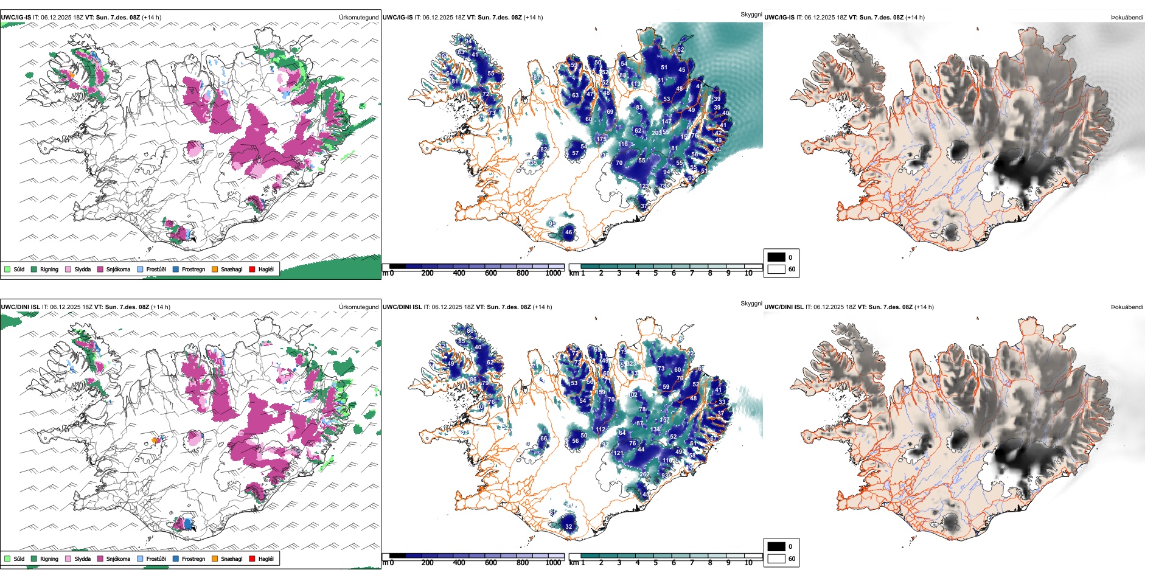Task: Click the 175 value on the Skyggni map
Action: click(601, 139)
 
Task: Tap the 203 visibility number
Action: click(656, 133)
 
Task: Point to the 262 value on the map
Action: click(645, 475)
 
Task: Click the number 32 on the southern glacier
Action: click(569, 527)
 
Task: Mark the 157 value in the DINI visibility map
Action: click(665, 420)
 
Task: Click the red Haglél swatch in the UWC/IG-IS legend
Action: click(252, 269)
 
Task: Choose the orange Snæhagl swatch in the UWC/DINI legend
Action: click(215, 559)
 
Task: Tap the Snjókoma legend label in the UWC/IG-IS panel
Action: click(118, 269)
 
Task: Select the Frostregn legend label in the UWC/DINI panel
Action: click(193, 559)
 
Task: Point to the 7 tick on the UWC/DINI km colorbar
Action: click(692, 563)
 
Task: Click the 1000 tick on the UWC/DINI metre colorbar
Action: click(553, 563)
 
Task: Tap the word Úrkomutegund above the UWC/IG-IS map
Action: click(358, 18)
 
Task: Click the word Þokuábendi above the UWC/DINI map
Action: click(1127, 307)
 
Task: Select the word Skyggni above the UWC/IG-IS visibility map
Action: click(751, 14)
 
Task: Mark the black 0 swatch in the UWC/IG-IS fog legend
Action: click(776, 257)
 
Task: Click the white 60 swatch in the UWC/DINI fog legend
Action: click(776, 559)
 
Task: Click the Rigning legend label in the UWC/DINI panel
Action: click(49, 559)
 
